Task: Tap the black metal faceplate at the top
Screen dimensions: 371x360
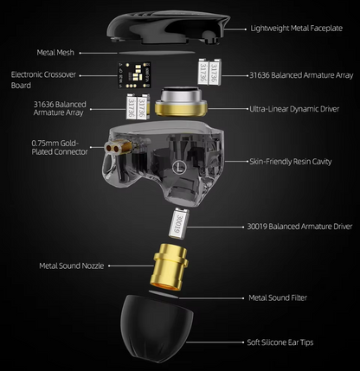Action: click(164, 24)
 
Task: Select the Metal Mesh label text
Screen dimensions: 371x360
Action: click(60, 53)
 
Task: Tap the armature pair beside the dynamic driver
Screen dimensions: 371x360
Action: click(132, 107)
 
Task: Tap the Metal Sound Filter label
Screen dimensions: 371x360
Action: click(278, 297)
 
